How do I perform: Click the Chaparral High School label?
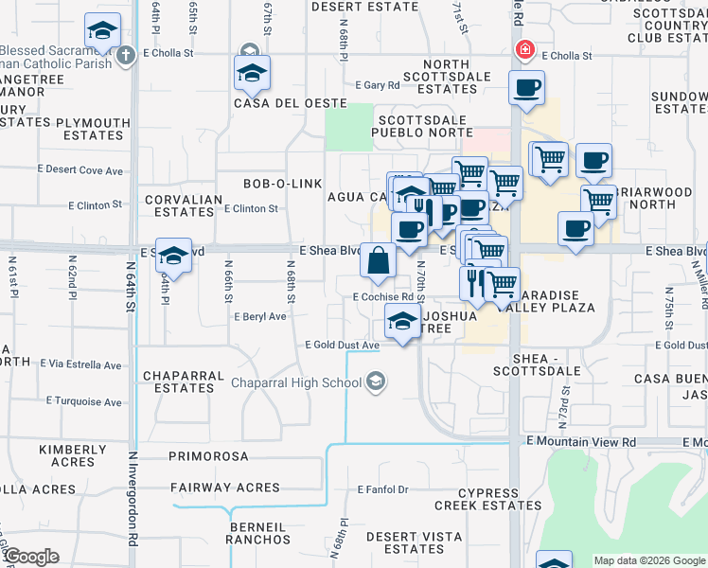click(296, 382)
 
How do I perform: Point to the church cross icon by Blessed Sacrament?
click(124, 56)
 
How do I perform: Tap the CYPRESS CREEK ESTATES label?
click(488, 499)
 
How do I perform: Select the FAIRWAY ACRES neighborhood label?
click(225, 488)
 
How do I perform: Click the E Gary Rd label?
click(378, 85)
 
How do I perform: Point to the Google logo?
click(31, 557)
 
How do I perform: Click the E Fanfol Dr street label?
click(382, 489)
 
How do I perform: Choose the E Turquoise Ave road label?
click(81, 402)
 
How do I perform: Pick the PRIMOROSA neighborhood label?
click(208, 456)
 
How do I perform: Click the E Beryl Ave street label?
click(260, 317)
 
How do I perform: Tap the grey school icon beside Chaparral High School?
click(376, 382)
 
